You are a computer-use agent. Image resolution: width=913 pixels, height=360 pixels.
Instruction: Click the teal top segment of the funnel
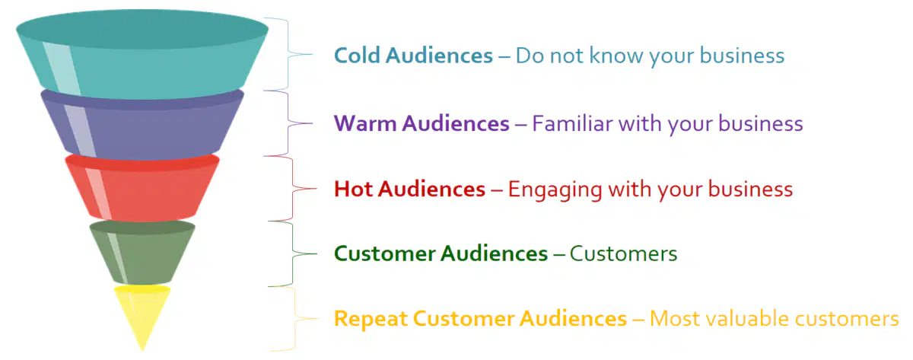tap(142, 55)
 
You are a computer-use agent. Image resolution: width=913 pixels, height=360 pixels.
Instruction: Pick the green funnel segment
tap(142, 253)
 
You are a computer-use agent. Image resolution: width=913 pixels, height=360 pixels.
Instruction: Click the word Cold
tap(357, 55)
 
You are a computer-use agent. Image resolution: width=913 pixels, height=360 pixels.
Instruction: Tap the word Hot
tap(353, 189)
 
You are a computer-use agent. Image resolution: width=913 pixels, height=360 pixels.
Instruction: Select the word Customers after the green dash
tap(623, 253)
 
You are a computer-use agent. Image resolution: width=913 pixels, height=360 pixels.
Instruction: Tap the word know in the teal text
tap(616, 55)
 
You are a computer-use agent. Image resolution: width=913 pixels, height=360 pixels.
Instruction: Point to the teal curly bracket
tap(288, 54)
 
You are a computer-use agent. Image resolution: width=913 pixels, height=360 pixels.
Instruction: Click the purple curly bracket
tap(288, 123)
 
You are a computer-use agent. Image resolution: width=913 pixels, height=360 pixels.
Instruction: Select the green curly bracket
tap(293, 253)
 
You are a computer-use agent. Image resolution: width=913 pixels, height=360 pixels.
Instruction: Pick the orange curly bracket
tap(294, 318)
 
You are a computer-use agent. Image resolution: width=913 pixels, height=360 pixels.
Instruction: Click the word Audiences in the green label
tap(494, 253)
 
